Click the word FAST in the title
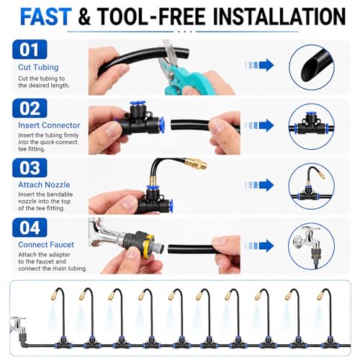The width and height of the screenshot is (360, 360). click(x=45, y=17)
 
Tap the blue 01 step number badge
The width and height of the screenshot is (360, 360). click(x=30, y=50)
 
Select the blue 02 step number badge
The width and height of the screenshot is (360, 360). click(x=30, y=108)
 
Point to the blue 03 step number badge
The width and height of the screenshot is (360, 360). click(x=30, y=168)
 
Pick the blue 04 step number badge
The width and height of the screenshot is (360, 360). click(x=30, y=228)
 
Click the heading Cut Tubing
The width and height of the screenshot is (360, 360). click(x=38, y=67)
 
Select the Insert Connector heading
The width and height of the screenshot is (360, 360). click(x=49, y=125)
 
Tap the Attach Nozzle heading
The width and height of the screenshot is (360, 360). click(x=44, y=184)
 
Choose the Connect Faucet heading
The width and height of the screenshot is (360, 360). click(x=46, y=245)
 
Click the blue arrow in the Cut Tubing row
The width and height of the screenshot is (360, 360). click(x=259, y=65)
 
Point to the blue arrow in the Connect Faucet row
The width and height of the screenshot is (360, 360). click(x=259, y=246)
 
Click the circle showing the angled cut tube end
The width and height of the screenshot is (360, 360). click(x=312, y=67)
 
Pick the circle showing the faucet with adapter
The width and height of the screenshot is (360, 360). click(x=312, y=246)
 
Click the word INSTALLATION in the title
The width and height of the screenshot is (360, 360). click(x=279, y=17)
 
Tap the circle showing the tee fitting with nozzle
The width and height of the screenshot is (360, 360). click(x=312, y=186)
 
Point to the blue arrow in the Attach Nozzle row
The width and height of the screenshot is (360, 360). click(x=259, y=185)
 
